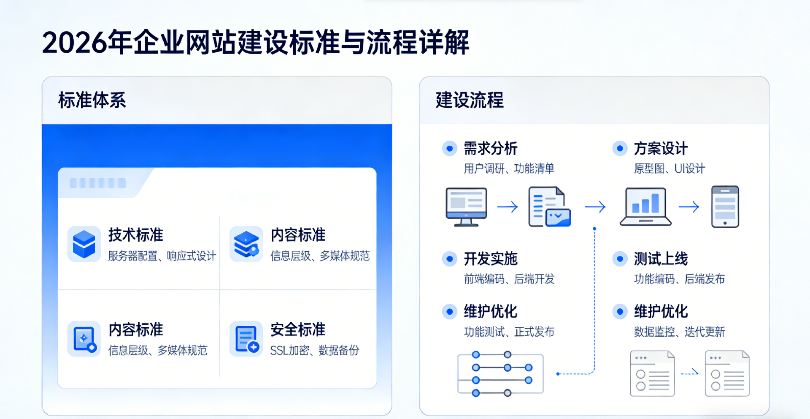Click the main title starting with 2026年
[x=256, y=43]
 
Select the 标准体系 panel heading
[x=92, y=101]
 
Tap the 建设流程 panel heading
[x=470, y=101]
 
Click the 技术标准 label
[x=136, y=235]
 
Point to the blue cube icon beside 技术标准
[x=84, y=244]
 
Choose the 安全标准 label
[x=298, y=329]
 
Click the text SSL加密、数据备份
[x=315, y=350]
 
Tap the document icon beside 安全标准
[x=246, y=339]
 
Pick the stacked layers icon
[x=246, y=244]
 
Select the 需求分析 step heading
[x=491, y=149]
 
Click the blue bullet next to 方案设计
[x=620, y=149]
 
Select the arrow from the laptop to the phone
[x=689, y=207]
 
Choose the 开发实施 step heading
[x=491, y=259]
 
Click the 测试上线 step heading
[x=661, y=259]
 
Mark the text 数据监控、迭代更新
[x=679, y=332]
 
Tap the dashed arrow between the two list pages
[x=690, y=373]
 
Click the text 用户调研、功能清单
[x=509, y=169]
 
